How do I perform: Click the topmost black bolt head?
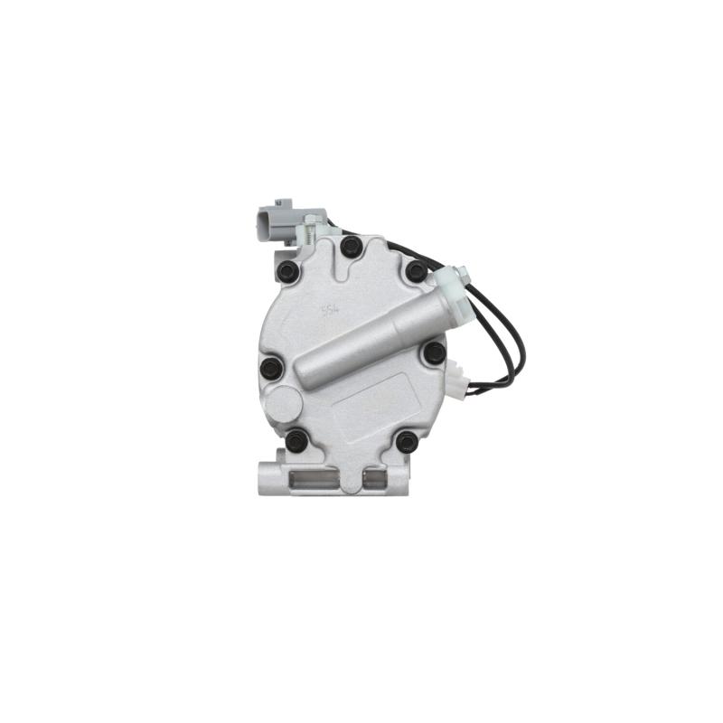tap(351, 246)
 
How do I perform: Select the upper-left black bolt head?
tap(287, 270)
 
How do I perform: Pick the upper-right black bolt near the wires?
tap(416, 270)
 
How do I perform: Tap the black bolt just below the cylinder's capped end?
tap(435, 352)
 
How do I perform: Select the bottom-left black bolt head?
tap(296, 441)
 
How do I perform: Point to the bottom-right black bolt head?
tap(407, 441)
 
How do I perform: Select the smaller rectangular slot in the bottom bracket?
tap(379, 475)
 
